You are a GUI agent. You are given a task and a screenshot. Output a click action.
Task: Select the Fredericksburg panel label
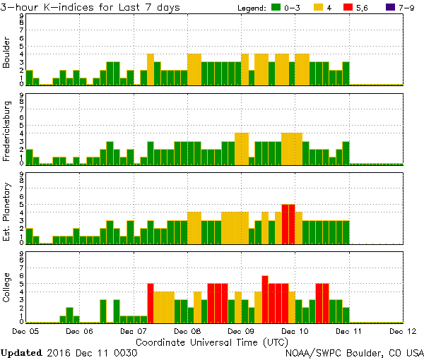click(x=7, y=130)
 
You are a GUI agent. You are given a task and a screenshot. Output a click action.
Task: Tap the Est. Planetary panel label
click(x=7, y=210)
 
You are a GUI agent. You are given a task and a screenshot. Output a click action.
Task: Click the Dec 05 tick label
click(x=25, y=330)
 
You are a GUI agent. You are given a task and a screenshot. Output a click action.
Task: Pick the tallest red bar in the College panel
click(x=265, y=299)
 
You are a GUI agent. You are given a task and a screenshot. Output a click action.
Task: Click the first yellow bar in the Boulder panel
click(x=151, y=69)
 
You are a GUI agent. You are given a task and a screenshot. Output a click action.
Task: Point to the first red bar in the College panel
click(x=151, y=303)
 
